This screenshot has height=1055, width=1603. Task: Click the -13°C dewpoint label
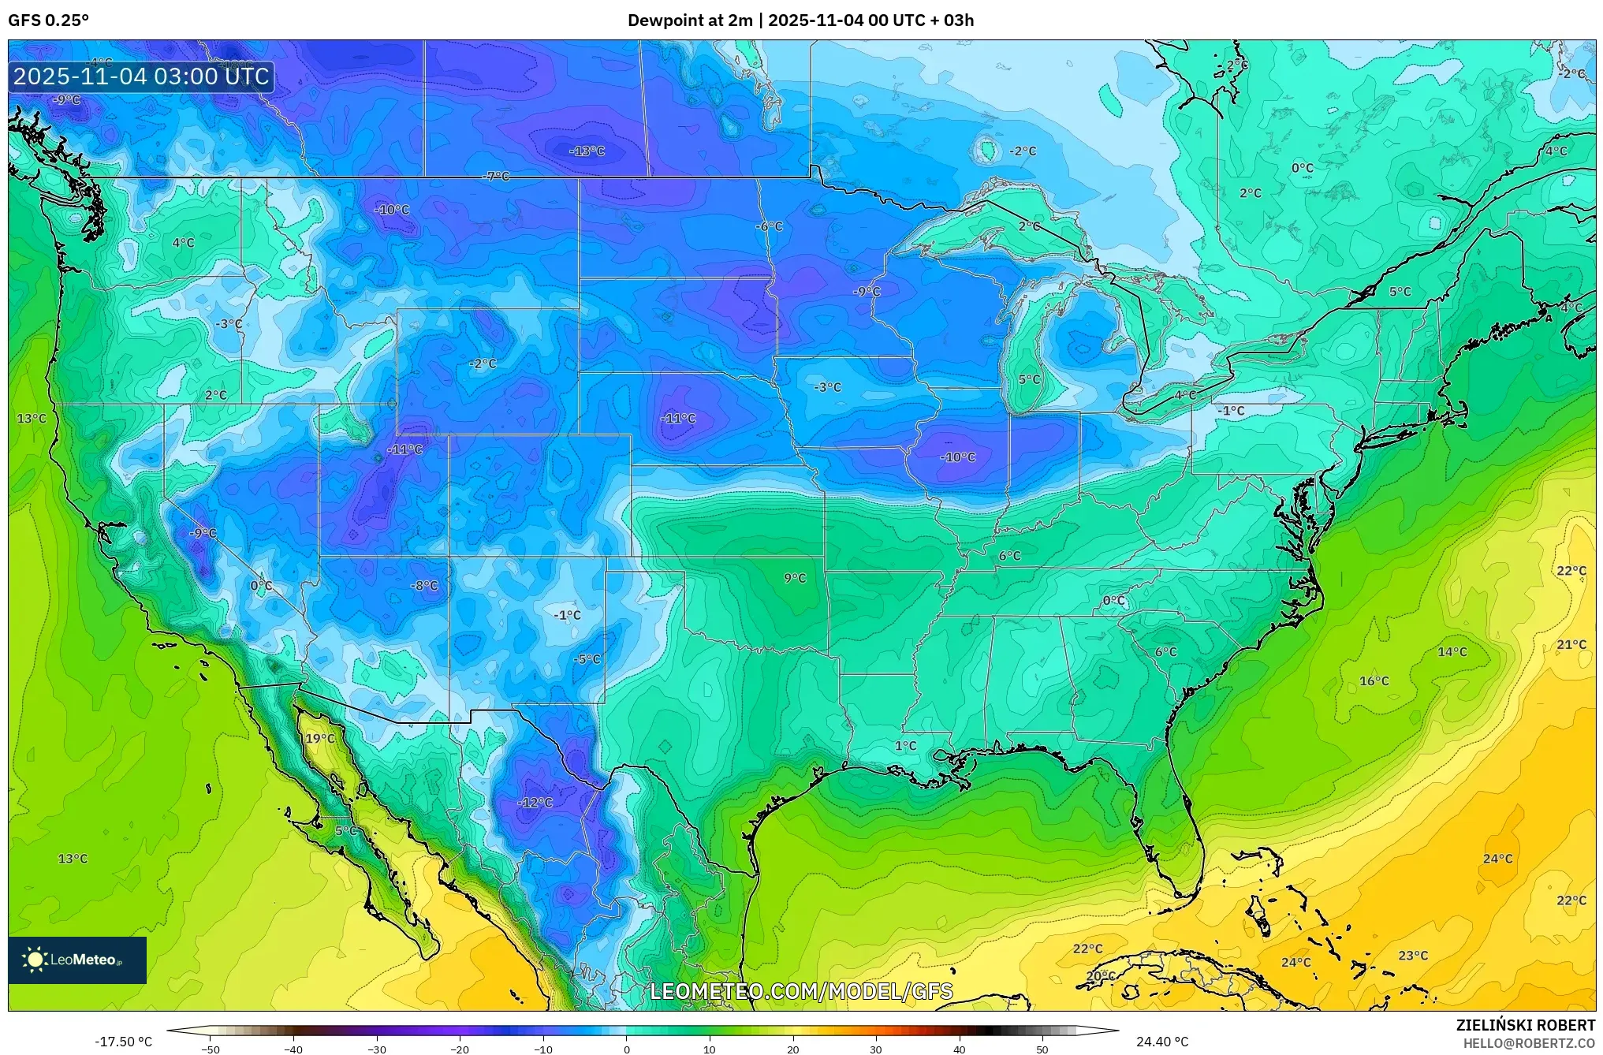pyautogui.click(x=587, y=151)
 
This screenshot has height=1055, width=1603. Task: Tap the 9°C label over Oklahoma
pyautogui.click(x=795, y=578)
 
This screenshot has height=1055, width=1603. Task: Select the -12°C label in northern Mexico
pyautogui.click(x=535, y=802)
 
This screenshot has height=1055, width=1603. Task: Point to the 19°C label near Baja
pyautogui.click(x=320, y=738)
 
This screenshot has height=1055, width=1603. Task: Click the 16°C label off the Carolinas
pyautogui.click(x=1374, y=680)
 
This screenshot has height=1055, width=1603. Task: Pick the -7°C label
pyautogui.click(x=497, y=176)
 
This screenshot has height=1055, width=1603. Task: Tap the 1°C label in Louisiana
pyautogui.click(x=905, y=745)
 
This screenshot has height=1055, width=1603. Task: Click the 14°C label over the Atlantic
pyautogui.click(x=1452, y=651)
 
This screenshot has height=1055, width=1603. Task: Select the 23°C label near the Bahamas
pyautogui.click(x=1413, y=955)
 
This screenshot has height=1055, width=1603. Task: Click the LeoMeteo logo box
pyautogui.click(x=77, y=960)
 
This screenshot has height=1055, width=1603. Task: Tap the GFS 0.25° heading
pyautogui.click(x=49, y=21)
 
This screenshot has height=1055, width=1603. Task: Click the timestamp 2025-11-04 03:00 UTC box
pyautogui.click(x=141, y=76)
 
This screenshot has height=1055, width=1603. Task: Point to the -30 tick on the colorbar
pyautogui.click(x=377, y=1049)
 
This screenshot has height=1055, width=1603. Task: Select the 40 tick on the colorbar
pyautogui.click(x=959, y=1049)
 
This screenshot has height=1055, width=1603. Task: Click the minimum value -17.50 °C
pyautogui.click(x=124, y=1042)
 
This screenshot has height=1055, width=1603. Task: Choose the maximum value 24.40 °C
pyautogui.click(x=1162, y=1042)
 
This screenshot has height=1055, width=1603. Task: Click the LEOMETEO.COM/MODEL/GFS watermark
pyautogui.click(x=801, y=991)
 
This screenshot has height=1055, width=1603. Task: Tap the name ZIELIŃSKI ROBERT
pyautogui.click(x=1525, y=1025)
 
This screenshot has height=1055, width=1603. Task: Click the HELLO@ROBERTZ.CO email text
pyautogui.click(x=1529, y=1043)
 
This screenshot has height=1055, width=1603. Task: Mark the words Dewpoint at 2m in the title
pyautogui.click(x=690, y=21)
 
